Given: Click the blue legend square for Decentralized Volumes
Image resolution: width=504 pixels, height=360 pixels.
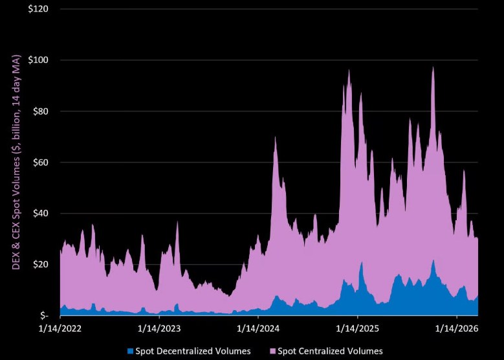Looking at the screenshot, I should pyautogui.click(x=129, y=351).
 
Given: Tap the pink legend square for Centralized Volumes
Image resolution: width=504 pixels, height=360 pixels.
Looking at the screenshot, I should pyautogui.click(x=272, y=351).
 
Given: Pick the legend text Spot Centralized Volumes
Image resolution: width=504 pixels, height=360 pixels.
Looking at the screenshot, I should pyautogui.click(x=330, y=351).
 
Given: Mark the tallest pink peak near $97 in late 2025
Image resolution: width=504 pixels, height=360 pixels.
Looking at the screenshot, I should pyautogui.click(x=433, y=69).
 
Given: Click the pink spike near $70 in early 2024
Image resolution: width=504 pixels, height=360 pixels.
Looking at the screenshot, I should pyautogui.click(x=276, y=139).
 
